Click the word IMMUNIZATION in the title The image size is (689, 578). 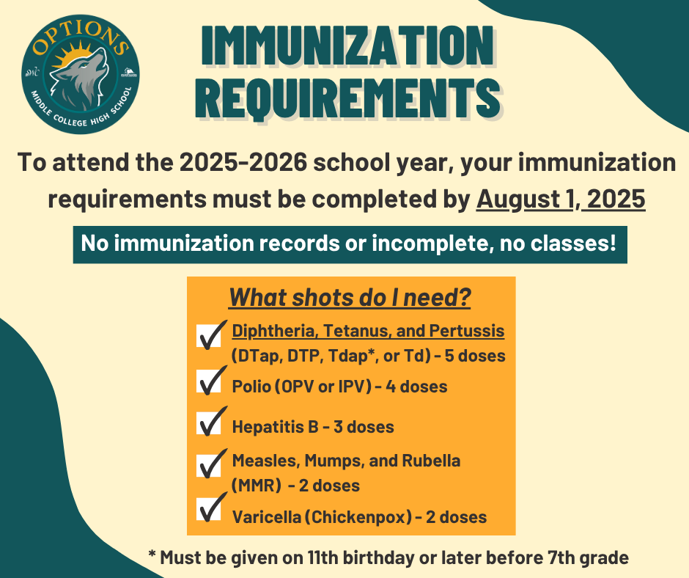pos(347,45)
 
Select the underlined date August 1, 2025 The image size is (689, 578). pos(561,200)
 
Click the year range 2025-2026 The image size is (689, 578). pos(243,162)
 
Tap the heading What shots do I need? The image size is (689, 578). pos(350,297)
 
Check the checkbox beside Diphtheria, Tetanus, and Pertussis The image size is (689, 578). pos(208,337)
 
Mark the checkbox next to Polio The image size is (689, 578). pos(208,381)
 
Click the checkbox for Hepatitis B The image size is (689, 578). pos(208,423)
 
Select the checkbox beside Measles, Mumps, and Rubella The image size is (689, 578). pos(208,465)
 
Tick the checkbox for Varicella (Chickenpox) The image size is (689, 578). pos(208,509)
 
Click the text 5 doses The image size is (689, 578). pos(475,356)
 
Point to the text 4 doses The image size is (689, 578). pos(416,387)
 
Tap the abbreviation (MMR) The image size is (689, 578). pos(257,486)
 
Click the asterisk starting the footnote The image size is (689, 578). pos(152,555)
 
